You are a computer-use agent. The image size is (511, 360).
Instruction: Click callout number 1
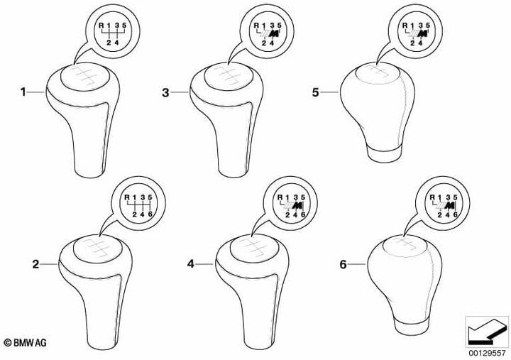[23, 92]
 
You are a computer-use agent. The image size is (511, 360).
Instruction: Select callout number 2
[35, 264]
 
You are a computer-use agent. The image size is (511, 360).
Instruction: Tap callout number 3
[165, 92]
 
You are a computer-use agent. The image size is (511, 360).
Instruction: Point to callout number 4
[191, 264]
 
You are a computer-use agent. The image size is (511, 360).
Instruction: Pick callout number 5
[315, 92]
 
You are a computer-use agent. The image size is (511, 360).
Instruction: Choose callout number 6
[343, 264]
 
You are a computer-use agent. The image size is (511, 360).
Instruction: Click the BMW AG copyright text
[25, 342]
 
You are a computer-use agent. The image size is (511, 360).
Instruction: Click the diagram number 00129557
[487, 353]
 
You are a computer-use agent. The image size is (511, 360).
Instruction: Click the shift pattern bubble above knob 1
[112, 32]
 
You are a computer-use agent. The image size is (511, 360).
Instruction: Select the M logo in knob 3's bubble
[275, 33]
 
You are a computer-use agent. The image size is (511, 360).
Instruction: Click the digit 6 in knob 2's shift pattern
[150, 214]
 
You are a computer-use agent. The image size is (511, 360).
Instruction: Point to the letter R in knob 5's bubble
[405, 25]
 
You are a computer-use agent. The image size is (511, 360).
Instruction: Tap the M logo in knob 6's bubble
[450, 205]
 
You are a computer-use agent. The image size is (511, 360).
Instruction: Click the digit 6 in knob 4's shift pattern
[303, 214]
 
